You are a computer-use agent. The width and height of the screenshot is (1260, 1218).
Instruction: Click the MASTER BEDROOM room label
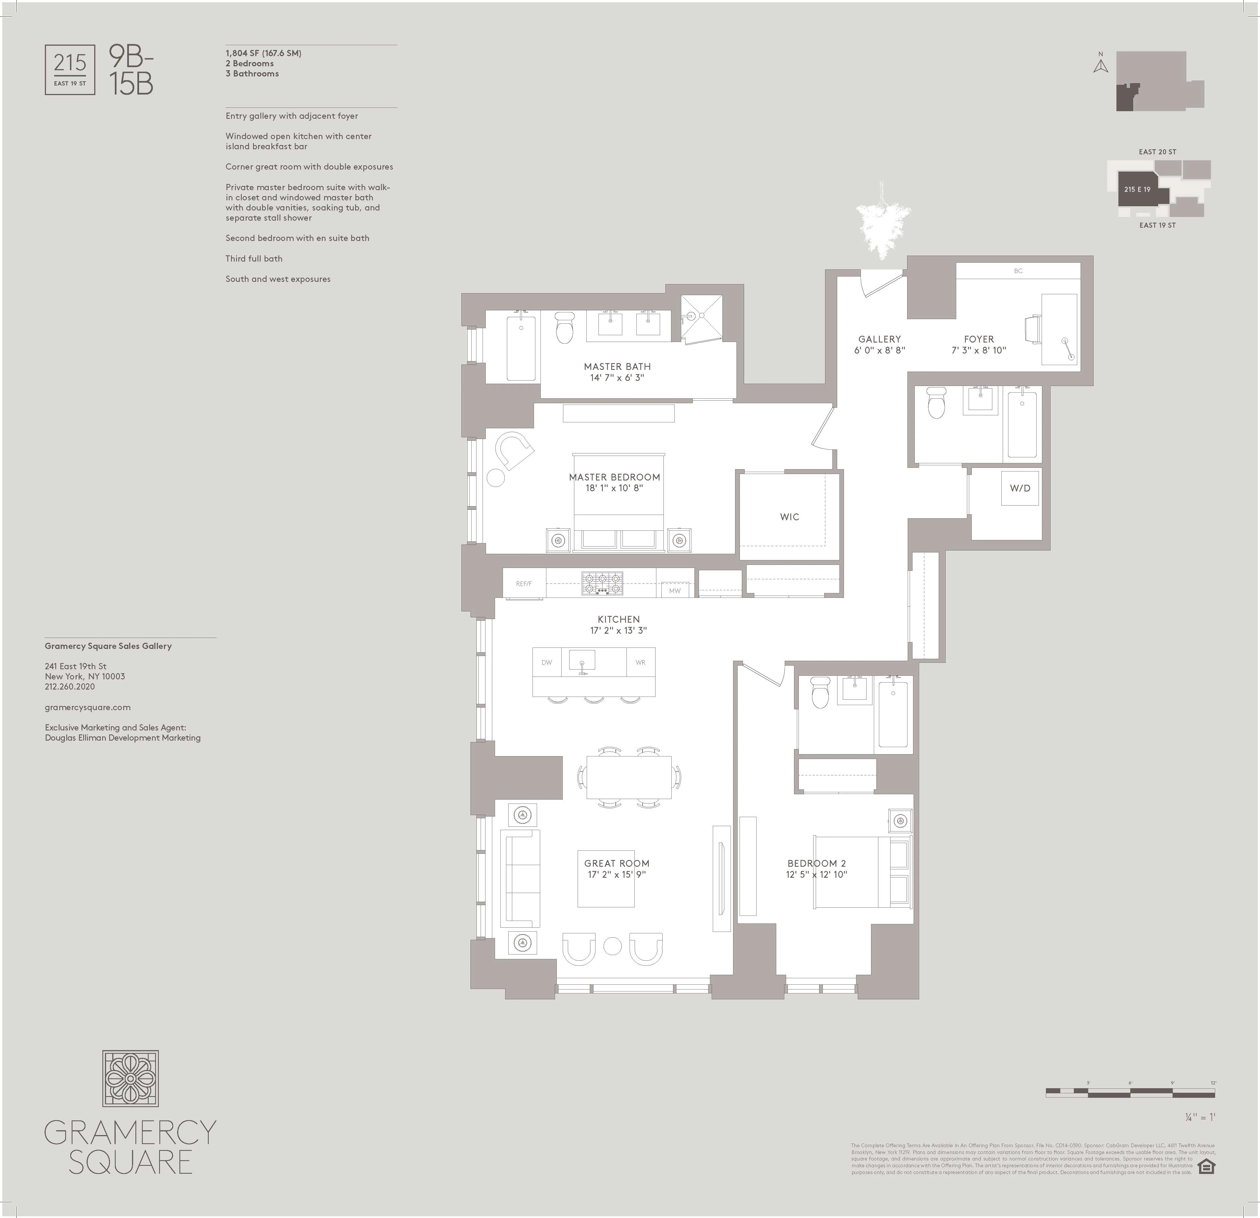pos(614,477)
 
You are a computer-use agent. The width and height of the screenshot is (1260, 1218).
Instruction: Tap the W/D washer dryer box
pos(1020,488)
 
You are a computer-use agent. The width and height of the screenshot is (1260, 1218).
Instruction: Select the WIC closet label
pos(790,517)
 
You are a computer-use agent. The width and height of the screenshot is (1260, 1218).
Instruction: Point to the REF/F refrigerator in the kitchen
pos(524,584)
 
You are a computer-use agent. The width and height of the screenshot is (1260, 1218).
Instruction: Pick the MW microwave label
pos(674,590)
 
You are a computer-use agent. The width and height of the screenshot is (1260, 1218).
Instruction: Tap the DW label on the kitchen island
pos(546,662)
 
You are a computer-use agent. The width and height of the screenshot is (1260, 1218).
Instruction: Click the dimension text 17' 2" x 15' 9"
pos(617,875)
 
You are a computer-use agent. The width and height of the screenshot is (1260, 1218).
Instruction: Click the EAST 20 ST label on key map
pos(1157,152)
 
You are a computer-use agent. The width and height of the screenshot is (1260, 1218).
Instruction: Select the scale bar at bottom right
pos(1130,1092)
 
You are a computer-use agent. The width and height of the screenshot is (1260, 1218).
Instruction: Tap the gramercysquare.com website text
pos(87,707)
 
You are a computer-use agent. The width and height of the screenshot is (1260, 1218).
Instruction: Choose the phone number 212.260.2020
pos(69,687)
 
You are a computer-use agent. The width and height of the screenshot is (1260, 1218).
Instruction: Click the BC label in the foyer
pos(1018,271)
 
